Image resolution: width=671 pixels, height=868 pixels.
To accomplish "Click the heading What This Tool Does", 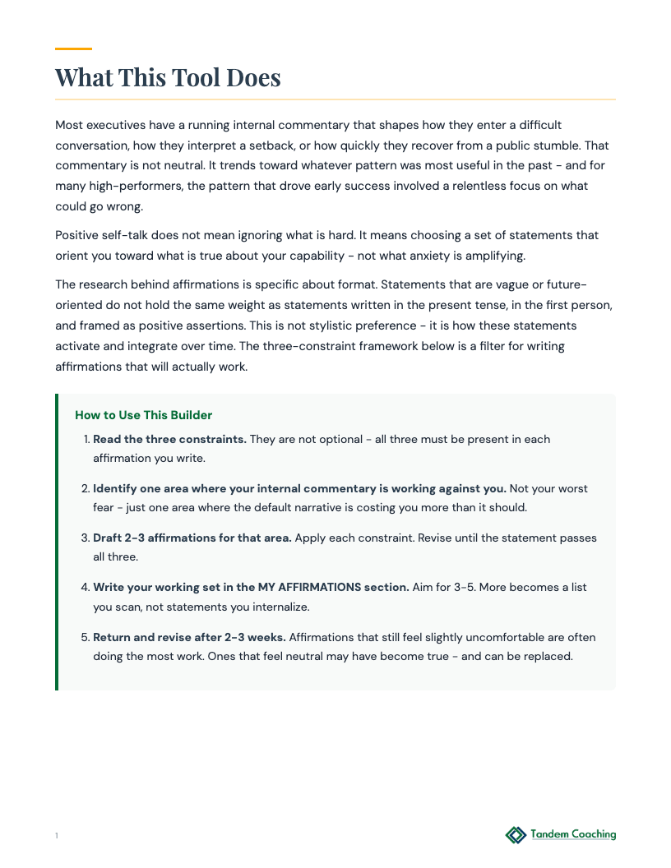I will point(168,77).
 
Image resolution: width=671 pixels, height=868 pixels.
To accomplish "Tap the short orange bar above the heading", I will point(73,49).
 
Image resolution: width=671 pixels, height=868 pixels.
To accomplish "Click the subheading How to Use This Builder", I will point(143,415).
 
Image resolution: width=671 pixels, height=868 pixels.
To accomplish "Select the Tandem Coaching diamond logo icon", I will point(516,835).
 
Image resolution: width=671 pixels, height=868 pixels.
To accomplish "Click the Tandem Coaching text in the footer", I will point(573,834).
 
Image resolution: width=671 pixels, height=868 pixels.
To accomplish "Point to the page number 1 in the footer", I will point(57,836).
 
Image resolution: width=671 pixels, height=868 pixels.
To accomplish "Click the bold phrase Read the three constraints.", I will point(169,439).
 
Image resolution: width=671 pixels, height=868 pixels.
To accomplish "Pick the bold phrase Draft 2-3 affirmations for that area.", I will point(192,538).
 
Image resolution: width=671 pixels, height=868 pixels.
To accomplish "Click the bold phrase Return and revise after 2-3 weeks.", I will point(189,637).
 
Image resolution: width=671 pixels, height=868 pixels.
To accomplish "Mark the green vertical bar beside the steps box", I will point(57,542).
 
